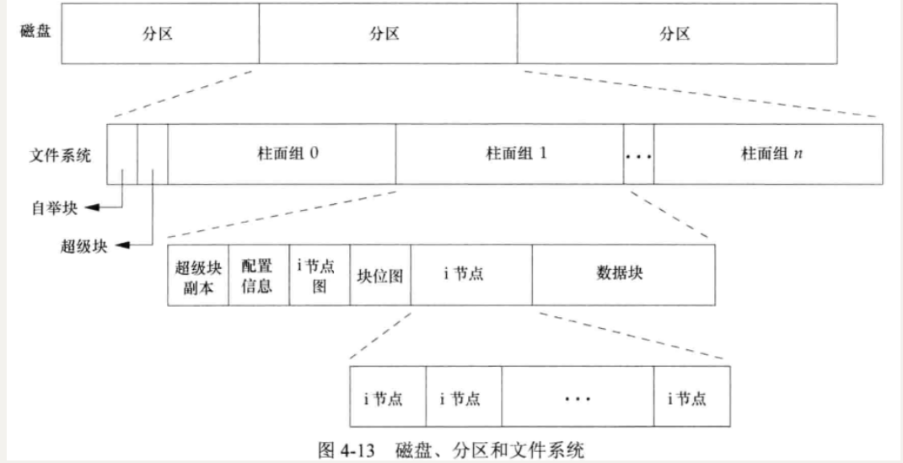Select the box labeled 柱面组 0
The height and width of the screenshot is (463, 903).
282,154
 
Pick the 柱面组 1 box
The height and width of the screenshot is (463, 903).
509,154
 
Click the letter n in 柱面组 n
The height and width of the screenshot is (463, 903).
798,155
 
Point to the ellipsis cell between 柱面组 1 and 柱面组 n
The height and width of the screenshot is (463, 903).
638,155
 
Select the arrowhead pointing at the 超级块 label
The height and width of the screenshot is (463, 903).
119,245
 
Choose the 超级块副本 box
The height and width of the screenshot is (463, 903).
198,276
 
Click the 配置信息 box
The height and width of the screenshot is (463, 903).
258,276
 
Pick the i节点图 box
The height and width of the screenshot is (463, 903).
319,276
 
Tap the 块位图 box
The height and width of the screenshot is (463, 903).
379,276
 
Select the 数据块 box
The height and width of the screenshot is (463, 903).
622,275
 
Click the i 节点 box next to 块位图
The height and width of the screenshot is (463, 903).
471,275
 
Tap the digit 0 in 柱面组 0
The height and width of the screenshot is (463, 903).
314,155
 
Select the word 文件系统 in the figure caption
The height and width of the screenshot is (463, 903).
554,450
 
